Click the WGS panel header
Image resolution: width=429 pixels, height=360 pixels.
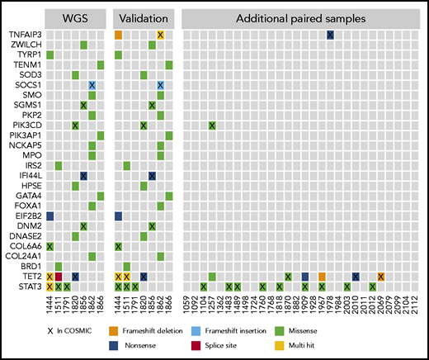click(x=75, y=17)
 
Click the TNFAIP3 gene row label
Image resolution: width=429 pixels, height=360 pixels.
click(x=27, y=35)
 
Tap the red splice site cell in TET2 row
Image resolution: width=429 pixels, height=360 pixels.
click(x=59, y=277)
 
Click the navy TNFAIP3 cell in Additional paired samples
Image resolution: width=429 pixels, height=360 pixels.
click(x=330, y=35)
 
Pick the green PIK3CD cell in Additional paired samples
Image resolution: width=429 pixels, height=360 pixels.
click(x=212, y=126)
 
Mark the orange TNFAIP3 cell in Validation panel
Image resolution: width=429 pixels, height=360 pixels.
click(x=118, y=35)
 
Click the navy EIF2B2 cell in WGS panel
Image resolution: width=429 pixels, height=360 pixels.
click(x=49, y=216)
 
